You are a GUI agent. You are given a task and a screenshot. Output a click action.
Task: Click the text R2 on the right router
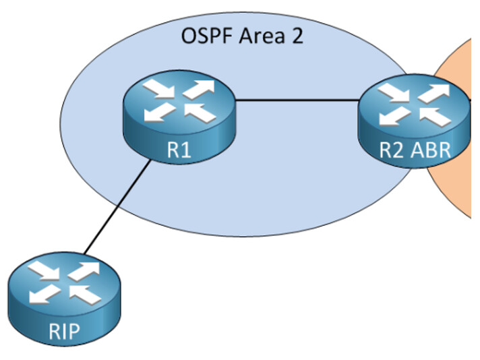[x=392, y=150]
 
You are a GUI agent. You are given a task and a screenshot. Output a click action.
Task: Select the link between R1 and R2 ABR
[x=297, y=100]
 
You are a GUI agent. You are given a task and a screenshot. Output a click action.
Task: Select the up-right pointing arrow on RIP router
[x=84, y=271]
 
